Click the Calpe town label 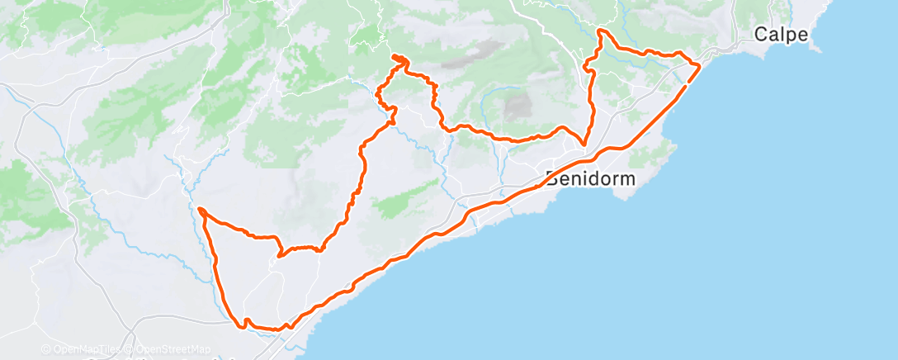pyautogui.click(x=779, y=35)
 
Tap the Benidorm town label pyautogui.click(x=589, y=178)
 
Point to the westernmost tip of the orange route pyautogui.click(x=200, y=209)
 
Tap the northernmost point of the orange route pyautogui.click(x=600, y=31)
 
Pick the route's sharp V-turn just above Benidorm pyautogui.click(x=584, y=144)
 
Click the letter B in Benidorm pyautogui.click(x=552, y=178)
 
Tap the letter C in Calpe pyautogui.click(x=762, y=35)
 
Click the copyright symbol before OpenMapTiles pyautogui.click(x=46, y=350)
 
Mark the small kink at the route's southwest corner pyautogui.click(x=244, y=324)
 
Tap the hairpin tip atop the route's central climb pyautogui.click(x=398, y=57)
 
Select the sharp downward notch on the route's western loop pyautogui.click(x=281, y=254)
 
